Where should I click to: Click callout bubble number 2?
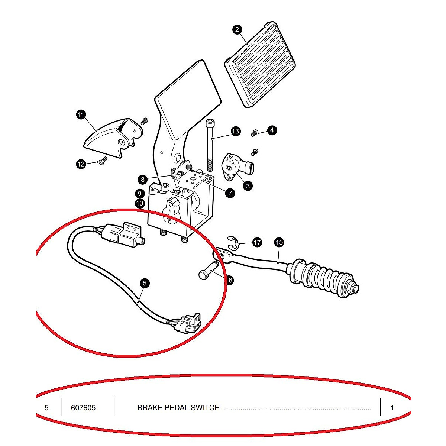coord(237,29)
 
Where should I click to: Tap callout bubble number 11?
coord(81,114)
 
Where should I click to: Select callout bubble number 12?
coord(81,164)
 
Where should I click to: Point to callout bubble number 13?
coord(236,131)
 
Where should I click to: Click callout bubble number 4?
coord(272,130)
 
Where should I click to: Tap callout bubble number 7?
coord(230,193)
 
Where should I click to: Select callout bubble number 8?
coord(143,180)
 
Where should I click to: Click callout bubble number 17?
coord(257,243)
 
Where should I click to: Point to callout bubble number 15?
coord(279,242)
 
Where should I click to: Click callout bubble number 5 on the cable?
coord(145,283)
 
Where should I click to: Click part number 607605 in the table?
coord(83,408)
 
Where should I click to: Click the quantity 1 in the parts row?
coord(392,408)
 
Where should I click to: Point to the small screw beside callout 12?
coord(103,160)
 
